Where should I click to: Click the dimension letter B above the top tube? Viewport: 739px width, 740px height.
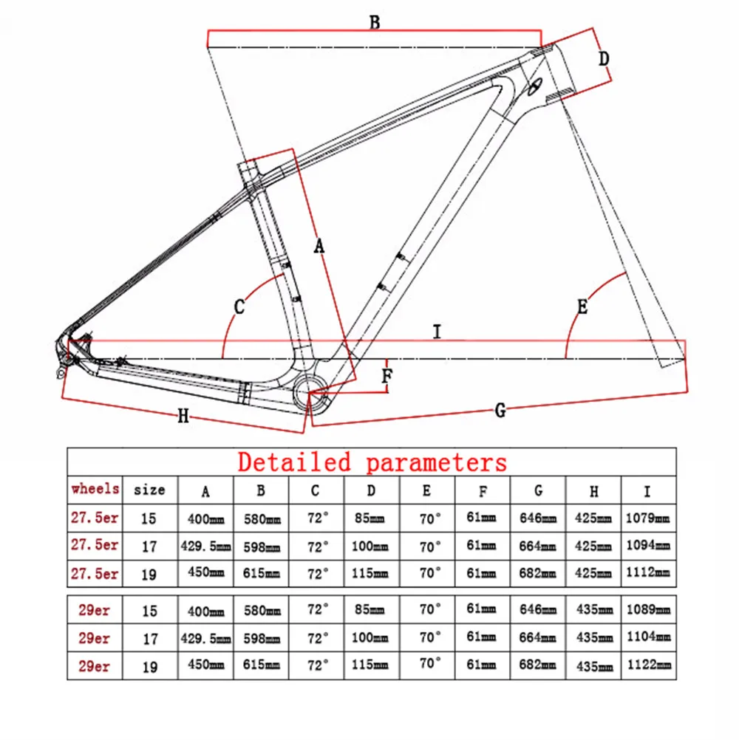pyautogui.click(x=375, y=22)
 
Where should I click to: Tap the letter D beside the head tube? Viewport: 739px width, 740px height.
pyautogui.click(x=604, y=58)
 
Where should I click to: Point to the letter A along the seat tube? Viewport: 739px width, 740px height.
pyautogui.click(x=319, y=246)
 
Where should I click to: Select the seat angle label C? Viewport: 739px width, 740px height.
pyautogui.click(x=239, y=306)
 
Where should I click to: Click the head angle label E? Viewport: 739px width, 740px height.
pyautogui.click(x=582, y=306)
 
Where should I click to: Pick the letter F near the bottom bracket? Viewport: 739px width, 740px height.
pyautogui.click(x=386, y=376)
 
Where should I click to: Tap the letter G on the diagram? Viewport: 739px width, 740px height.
pyautogui.click(x=500, y=411)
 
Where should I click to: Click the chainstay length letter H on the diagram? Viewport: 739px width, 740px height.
pyautogui.click(x=183, y=417)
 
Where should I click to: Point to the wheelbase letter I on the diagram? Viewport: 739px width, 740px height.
pyautogui.click(x=437, y=332)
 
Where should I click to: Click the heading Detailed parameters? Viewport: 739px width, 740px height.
pyautogui.click(x=372, y=462)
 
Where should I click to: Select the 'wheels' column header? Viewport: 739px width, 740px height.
pyautogui.click(x=95, y=489)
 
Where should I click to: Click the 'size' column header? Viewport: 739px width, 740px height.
pyautogui.click(x=149, y=490)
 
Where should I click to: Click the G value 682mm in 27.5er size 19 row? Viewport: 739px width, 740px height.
pyautogui.click(x=538, y=573)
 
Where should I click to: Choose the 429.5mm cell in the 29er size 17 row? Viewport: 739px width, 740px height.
pyautogui.click(x=205, y=638)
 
